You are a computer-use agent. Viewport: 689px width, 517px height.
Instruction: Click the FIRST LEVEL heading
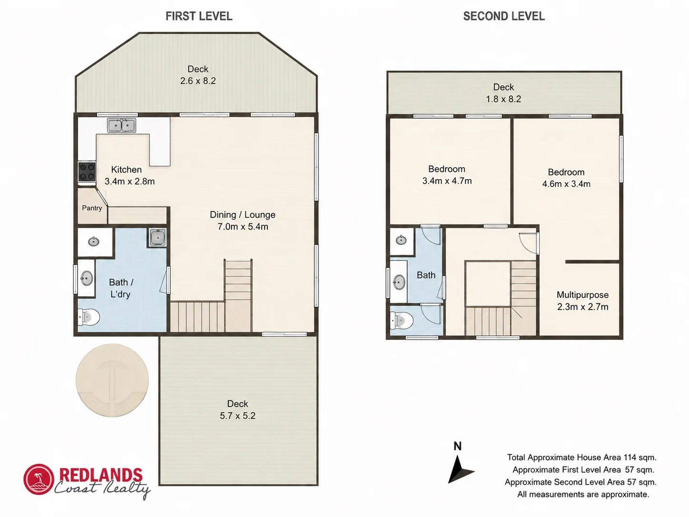coord(199,16)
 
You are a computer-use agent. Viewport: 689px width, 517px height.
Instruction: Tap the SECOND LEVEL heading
coord(504,16)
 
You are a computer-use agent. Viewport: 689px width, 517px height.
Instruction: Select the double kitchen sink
coord(121,125)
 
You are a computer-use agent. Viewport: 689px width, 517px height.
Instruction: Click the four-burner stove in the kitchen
coord(87,172)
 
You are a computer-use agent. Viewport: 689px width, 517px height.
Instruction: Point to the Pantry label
coord(92,208)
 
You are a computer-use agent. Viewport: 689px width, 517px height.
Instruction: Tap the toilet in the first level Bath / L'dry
coord(89,317)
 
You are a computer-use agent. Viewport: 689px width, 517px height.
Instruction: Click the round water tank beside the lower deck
coord(112,380)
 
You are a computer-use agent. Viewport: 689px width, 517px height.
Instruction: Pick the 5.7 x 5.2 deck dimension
coord(237,416)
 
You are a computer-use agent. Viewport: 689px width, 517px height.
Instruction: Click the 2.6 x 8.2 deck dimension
coord(198,81)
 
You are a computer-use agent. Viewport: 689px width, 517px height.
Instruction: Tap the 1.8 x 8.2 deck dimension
coord(503,99)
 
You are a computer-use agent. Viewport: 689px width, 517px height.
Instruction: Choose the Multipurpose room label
coord(582,295)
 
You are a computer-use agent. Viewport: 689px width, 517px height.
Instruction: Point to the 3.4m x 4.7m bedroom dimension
coord(447,181)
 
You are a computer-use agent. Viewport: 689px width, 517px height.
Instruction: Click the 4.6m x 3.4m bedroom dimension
coord(566,184)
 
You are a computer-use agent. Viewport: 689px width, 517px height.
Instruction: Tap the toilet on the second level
coord(401,320)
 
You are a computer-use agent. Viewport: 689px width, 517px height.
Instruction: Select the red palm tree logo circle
coord(39,479)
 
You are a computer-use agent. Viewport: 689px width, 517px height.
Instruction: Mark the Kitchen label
coord(127,169)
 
